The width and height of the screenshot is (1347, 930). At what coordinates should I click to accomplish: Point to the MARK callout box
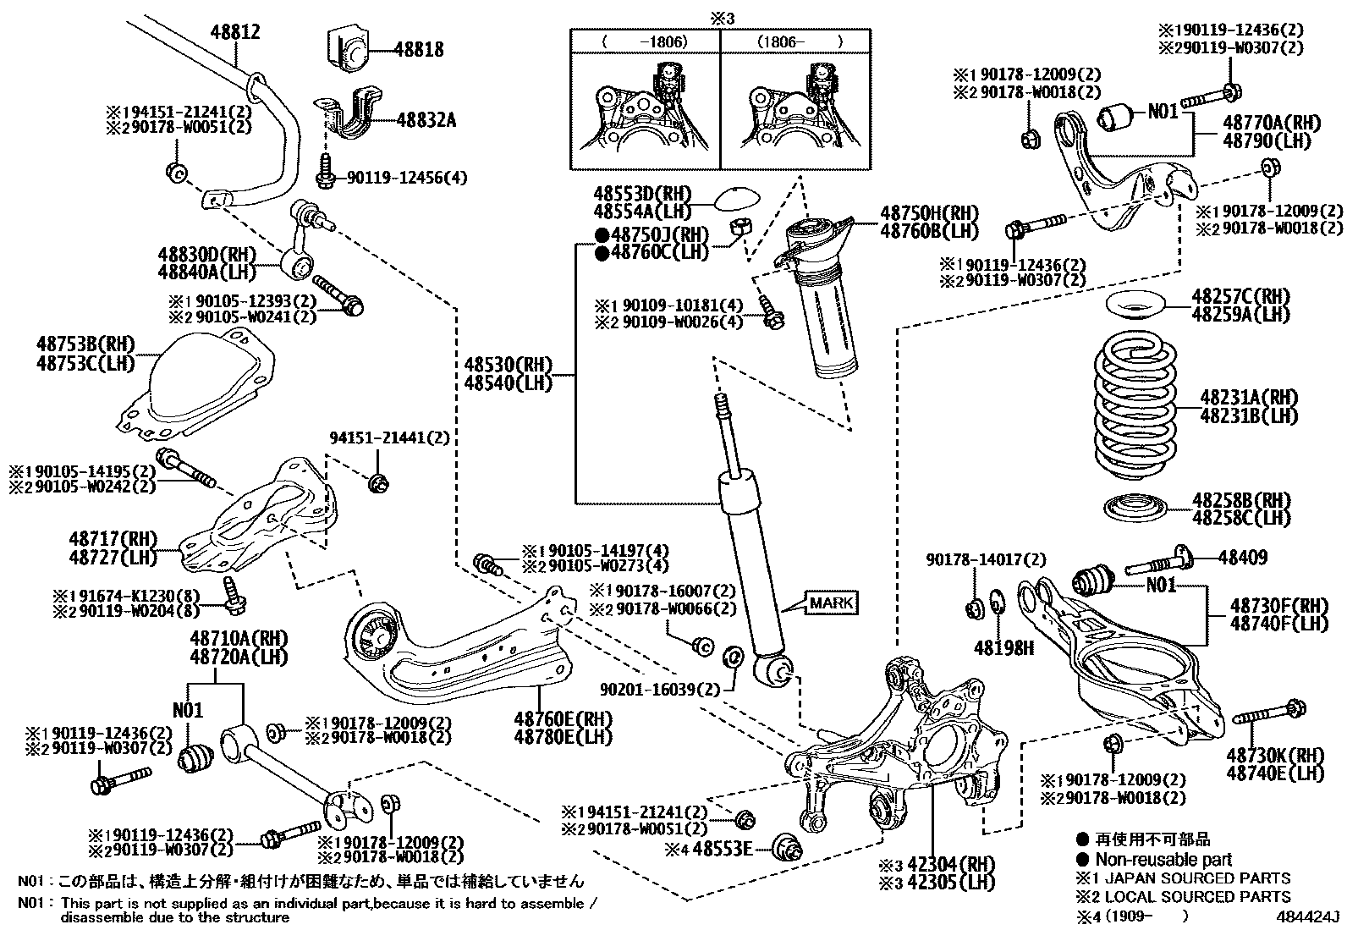[833, 603]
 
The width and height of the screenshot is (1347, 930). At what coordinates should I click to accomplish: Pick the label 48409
[1243, 557]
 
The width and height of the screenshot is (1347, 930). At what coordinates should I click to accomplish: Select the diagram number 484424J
[1310, 916]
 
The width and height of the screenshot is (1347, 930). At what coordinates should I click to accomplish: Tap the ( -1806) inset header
[645, 41]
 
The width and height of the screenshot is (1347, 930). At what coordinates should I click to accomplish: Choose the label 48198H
[1003, 648]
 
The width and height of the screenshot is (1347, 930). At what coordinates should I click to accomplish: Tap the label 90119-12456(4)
[406, 178]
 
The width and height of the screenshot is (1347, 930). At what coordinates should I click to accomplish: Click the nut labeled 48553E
[786, 846]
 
